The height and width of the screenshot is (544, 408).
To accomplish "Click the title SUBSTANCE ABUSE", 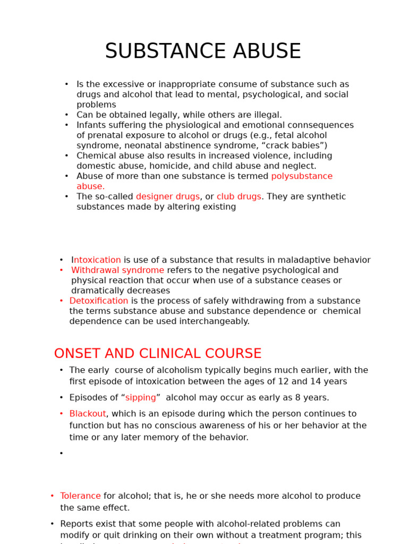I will coord(203,52).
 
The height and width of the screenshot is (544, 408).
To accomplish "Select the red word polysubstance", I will coord(302,176).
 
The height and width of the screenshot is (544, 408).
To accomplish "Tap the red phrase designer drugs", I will coord(167,197).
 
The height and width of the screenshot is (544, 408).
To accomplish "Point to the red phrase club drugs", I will coord(239,197).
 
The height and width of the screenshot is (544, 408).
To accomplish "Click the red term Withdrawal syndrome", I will coord(117,270).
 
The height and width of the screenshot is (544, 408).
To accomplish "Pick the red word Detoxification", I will coord(99,301).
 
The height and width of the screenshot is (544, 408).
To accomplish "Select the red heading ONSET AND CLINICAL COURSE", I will coord(158,354).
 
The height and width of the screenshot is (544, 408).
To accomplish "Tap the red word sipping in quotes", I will coord(141,398).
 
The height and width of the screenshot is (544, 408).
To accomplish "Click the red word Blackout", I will coord(88,414).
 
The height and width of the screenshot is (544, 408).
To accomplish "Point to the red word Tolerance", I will coord(80,496).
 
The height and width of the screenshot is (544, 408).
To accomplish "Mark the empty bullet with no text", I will coord(62,454).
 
